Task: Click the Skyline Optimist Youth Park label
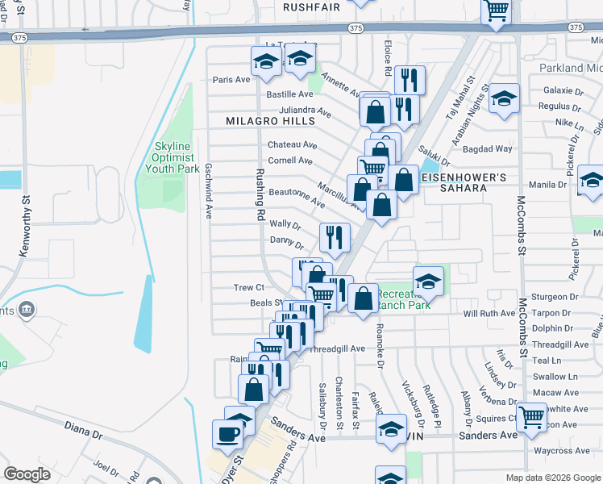[x=172, y=157]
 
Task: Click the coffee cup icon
[x=227, y=434]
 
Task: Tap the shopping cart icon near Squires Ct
[x=532, y=418]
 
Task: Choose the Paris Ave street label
[x=231, y=80]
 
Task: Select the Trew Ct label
[x=248, y=287]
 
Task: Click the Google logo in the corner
[x=27, y=474]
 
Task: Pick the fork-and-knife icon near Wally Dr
[x=335, y=237]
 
